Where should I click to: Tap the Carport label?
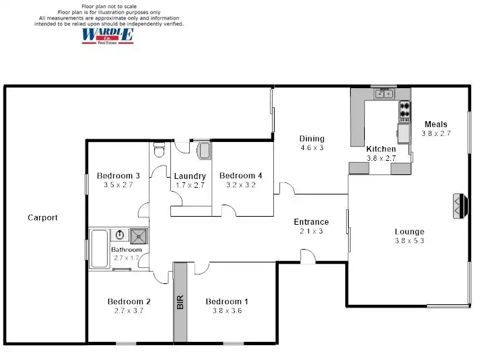(42, 217)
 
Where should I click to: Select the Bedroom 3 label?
(118, 176)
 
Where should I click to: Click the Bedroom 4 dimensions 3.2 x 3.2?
(240, 184)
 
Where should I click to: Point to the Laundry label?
(189, 176)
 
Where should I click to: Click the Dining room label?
(312, 139)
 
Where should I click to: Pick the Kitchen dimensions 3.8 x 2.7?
(382, 158)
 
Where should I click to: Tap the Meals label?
(436, 124)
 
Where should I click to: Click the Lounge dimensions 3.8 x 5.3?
(409, 240)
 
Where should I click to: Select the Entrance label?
(311, 221)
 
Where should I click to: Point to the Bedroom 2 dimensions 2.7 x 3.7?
(128, 310)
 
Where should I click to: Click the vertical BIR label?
(180, 302)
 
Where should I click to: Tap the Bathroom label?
(127, 250)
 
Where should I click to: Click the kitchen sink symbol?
(384, 94)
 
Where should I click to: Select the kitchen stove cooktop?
(405, 110)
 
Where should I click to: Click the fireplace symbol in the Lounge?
(460, 205)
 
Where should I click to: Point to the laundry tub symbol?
(205, 150)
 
